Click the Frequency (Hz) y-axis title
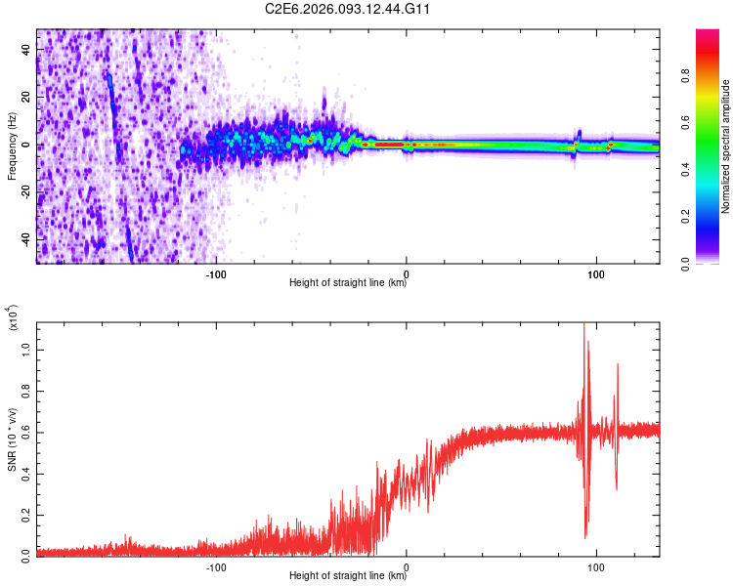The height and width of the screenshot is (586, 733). point(13,146)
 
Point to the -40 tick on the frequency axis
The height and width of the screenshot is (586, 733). point(25,239)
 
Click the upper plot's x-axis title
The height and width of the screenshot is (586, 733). point(348,284)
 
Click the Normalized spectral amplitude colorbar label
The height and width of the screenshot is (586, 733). point(726,146)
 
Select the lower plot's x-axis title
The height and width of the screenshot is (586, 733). point(348,576)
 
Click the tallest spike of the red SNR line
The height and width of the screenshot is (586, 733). point(584,326)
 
